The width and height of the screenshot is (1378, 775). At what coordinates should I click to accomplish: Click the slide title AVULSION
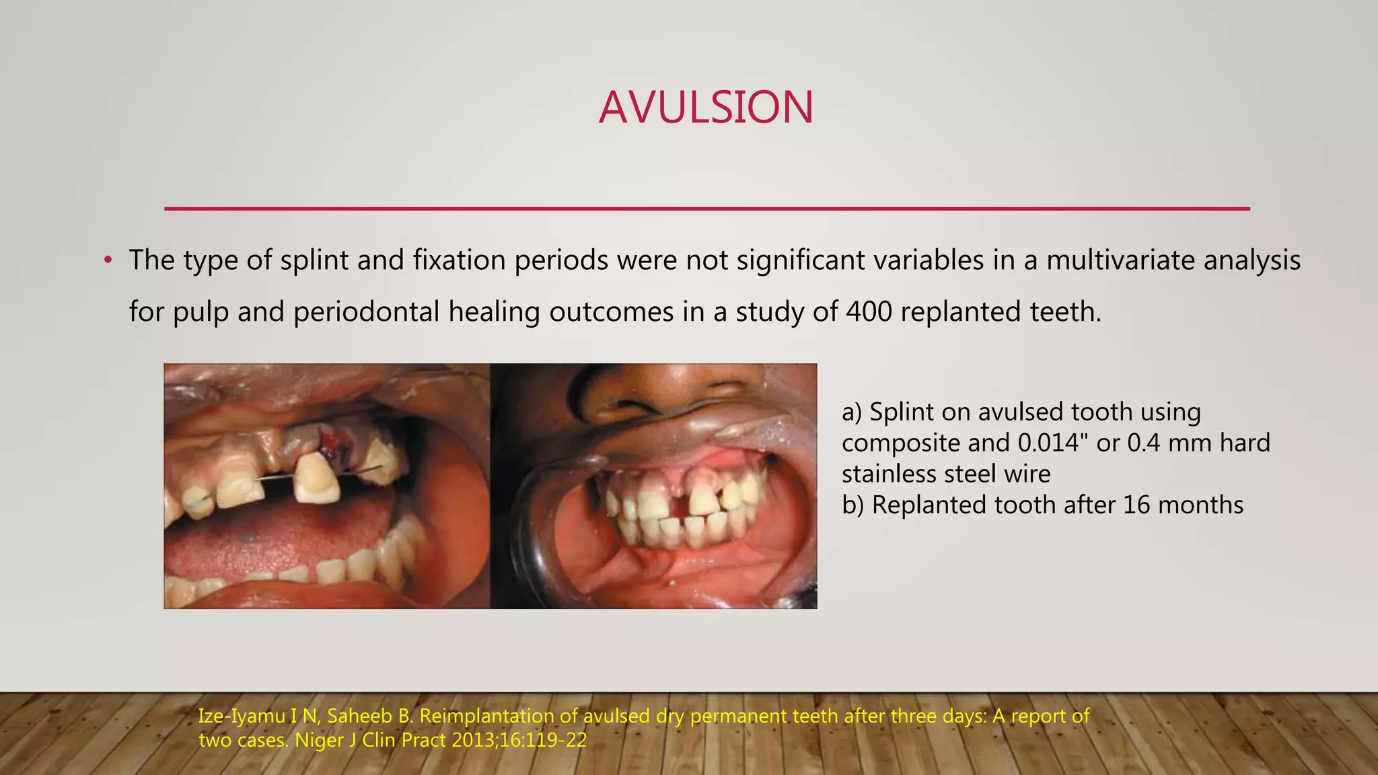[706, 108]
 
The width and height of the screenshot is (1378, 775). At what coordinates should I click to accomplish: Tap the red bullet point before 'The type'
[108, 260]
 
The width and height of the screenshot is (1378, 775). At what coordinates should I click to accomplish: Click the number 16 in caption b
[1137, 505]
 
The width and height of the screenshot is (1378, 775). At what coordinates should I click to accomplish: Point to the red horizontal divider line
[706, 209]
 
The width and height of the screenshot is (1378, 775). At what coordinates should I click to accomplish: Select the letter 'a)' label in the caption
[852, 412]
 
